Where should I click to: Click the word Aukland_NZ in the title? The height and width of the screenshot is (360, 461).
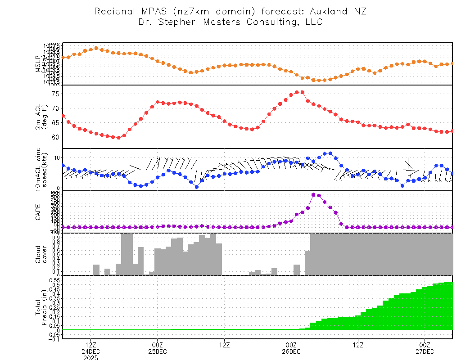pyautogui.click(x=341, y=12)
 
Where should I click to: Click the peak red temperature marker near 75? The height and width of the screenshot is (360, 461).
pyautogui.click(x=302, y=92)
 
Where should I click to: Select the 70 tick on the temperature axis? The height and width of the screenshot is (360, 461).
pyautogui.click(x=56, y=108)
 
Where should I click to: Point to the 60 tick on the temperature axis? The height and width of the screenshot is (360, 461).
pyautogui.click(x=56, y=137)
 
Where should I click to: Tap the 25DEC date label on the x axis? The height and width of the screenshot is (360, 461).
pyautogui.click(x=157, y=351)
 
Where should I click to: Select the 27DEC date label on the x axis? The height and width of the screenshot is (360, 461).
pyautogui.click(x=425, y=351)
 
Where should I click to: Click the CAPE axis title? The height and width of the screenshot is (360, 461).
pyautogui.click(x=39, y=211)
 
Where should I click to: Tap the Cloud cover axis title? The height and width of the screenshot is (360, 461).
pyautogui.click(x=41, y=254)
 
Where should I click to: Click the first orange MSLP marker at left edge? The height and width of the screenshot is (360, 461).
pyautogui.click(x=63, y=58)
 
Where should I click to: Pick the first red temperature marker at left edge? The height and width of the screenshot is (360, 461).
pyautogui.click(x=63, y=116)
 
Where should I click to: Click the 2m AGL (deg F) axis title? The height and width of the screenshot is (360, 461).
pyautogui.click(x=41, y=117)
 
